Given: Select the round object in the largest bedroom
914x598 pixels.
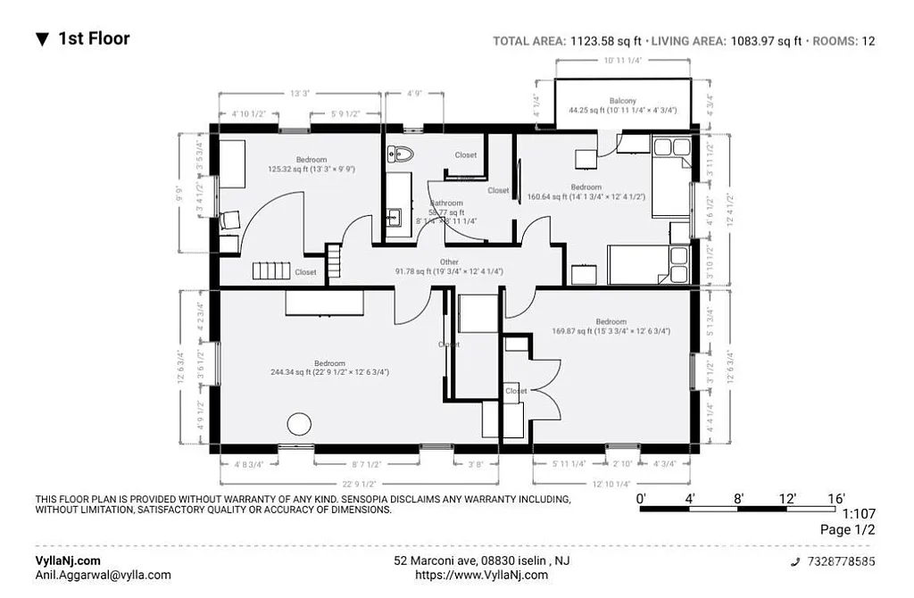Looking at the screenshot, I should (x=298, y=424).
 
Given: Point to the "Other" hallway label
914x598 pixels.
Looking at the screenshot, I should (x=449, y=262).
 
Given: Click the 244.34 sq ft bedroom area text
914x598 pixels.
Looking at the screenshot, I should (x=329, y=372).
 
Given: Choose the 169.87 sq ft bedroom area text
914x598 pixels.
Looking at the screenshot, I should (x=611, y=331).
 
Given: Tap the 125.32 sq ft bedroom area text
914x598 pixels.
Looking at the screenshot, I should (x=312, y=168).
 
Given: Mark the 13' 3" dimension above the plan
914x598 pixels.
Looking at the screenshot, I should (x=299, y=93).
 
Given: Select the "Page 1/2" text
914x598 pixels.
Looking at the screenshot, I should (x=847, y=530).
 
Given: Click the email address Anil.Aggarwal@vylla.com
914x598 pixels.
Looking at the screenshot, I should (x=103, y=576).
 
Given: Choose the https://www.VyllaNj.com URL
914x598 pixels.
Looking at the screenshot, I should (x=482, y=576).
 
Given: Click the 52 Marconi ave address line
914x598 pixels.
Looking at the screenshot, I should (x=482, y=561).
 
